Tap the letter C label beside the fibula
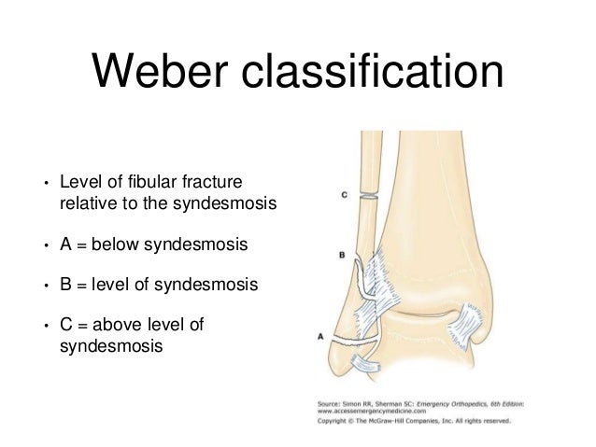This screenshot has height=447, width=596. pos(344,195)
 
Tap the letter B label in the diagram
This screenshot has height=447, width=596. pos(342,254)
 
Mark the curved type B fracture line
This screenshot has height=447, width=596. pos(361,280)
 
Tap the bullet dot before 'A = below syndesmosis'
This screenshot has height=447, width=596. pos(43,245)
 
